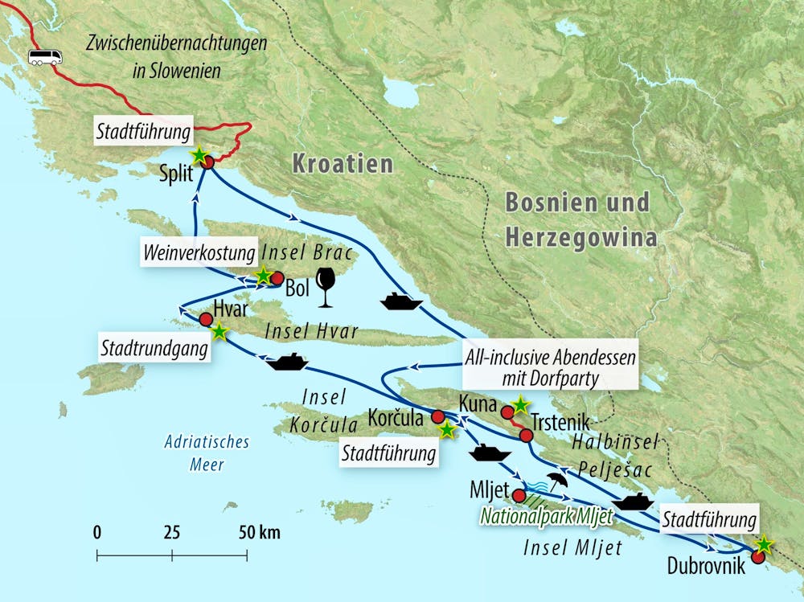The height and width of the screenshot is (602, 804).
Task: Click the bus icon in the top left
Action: tap(45, 57)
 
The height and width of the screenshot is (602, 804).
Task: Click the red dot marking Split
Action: tap(207, 162)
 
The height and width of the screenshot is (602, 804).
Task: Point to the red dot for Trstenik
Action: tap(526, 436)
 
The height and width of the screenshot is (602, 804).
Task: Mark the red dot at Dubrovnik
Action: tap(757, 556)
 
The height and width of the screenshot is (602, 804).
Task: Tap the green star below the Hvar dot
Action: tap(219, 330)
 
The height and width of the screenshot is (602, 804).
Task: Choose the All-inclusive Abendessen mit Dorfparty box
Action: tap(550, 368)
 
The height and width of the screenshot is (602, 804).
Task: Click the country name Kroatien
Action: tap(343, 165)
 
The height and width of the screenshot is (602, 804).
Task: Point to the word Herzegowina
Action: tap(577, 237)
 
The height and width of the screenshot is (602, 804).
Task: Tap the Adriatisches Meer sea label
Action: tap(195, 453)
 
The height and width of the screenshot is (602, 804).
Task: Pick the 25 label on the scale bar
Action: tap(171, 532)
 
